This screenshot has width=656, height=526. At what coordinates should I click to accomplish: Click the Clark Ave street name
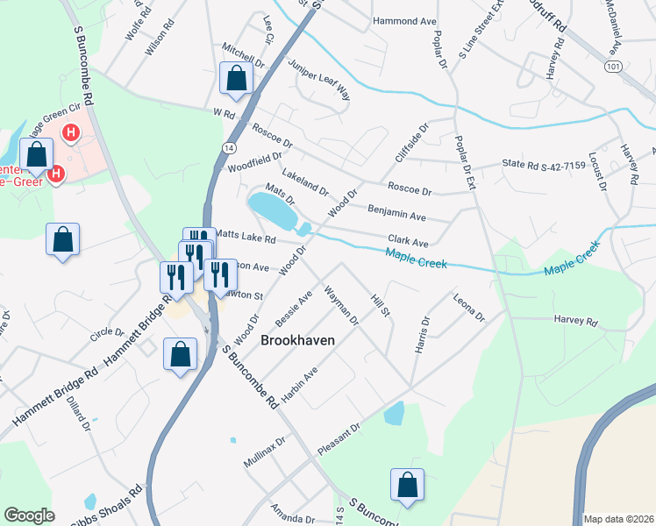(408, 241)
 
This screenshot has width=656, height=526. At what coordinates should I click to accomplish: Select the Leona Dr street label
(467, 308)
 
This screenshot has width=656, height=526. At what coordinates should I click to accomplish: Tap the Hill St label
(380, 306)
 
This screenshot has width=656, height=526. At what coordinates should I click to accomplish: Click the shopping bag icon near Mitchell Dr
(236, 78)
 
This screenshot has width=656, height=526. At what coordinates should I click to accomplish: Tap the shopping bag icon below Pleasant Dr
(407, 484)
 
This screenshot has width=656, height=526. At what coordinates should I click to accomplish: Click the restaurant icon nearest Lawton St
(219, 274)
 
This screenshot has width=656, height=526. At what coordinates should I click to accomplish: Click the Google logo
(29, 515)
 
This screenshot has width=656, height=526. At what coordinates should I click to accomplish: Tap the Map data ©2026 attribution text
(617, 518)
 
